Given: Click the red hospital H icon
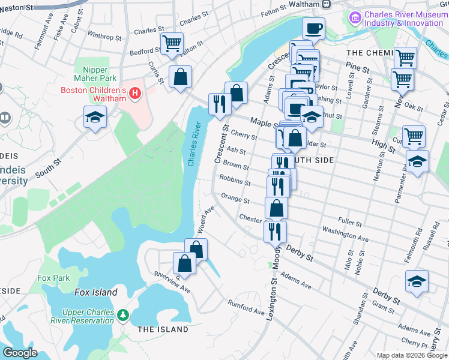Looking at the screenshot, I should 136,94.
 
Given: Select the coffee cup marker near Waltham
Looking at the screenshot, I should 313,28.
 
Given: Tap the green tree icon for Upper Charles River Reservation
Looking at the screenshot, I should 123,315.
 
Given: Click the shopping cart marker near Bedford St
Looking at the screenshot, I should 172,43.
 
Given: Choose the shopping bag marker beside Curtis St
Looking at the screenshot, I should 180,77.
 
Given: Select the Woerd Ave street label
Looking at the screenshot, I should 206,220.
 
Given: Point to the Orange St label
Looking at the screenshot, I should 235,199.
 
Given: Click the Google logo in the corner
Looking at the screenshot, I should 20,353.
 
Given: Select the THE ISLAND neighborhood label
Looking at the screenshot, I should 163,329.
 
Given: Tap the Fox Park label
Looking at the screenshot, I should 53,278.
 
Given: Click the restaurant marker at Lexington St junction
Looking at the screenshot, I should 275,230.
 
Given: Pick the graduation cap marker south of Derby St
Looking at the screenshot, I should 417,281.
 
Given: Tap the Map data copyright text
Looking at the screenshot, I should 402,355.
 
